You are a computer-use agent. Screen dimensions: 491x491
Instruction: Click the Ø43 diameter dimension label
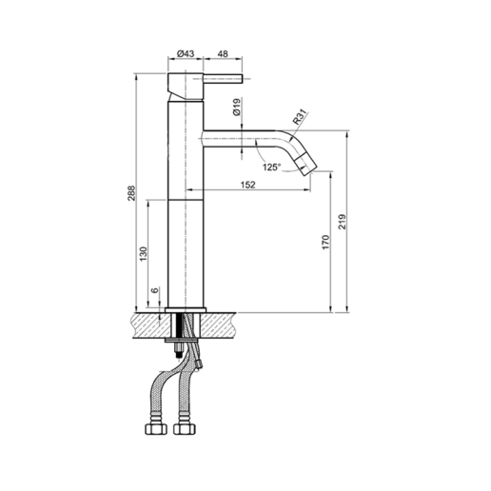pos(187,53)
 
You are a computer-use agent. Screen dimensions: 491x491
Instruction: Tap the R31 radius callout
pos(300,118)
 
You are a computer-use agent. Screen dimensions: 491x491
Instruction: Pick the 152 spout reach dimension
pos(247,185)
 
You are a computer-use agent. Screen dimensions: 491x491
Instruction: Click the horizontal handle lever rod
pos(226,83)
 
